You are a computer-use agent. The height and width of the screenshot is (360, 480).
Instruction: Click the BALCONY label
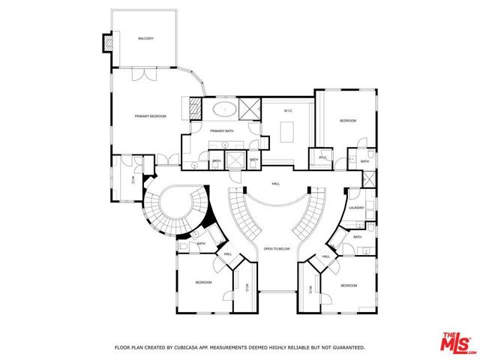point(145,38)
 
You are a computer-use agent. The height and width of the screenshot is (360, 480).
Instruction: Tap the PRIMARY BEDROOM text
point(150,116)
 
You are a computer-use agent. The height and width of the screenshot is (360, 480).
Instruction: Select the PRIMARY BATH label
point(223,131)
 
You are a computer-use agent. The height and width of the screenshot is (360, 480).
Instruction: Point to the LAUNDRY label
point(356,208)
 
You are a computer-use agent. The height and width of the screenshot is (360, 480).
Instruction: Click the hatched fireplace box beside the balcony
point(110,43)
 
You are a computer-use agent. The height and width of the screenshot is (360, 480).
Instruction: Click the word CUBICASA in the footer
point(193,347)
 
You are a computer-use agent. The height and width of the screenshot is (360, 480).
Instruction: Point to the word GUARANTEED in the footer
point(347,347)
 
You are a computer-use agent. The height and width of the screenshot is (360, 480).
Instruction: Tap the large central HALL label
point(275,183)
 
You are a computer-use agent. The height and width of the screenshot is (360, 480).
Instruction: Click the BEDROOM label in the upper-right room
point(347,121)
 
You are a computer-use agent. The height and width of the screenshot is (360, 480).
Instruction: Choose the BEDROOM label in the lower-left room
point(204,282)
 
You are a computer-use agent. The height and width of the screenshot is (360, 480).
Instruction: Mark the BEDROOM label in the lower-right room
point(348,286)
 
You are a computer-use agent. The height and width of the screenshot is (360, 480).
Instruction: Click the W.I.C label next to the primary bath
point(287,111)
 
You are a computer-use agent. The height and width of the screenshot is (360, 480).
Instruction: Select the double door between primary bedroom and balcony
point(139,74)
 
